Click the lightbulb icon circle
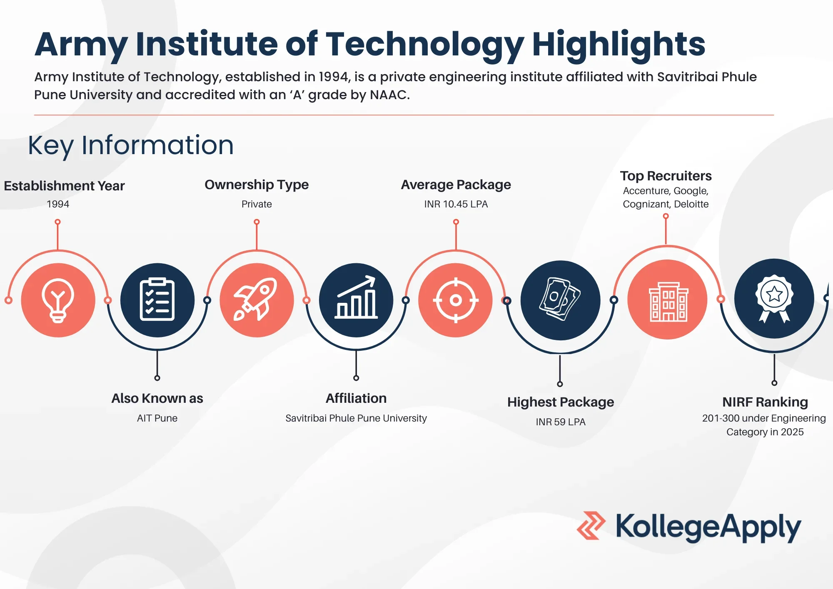(58, 300)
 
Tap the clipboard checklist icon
(157, 300)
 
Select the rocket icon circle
(257, 300)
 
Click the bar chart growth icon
(356, 300)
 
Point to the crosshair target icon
(456, 300)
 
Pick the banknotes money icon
(560, 300)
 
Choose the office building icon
(668, 300)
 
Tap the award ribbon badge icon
(774, 298)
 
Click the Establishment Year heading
(64, 186)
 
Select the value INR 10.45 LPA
(456, 204)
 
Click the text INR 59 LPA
(560, 422)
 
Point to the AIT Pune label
(157, 418)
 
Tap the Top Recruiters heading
(666, 176)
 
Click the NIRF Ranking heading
(765, 402)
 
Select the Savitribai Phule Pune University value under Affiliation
(356, 418)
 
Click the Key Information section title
(131, 145)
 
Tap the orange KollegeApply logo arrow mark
(591, 526)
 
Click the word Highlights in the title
(619, 44)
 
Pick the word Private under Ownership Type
(257, 204)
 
